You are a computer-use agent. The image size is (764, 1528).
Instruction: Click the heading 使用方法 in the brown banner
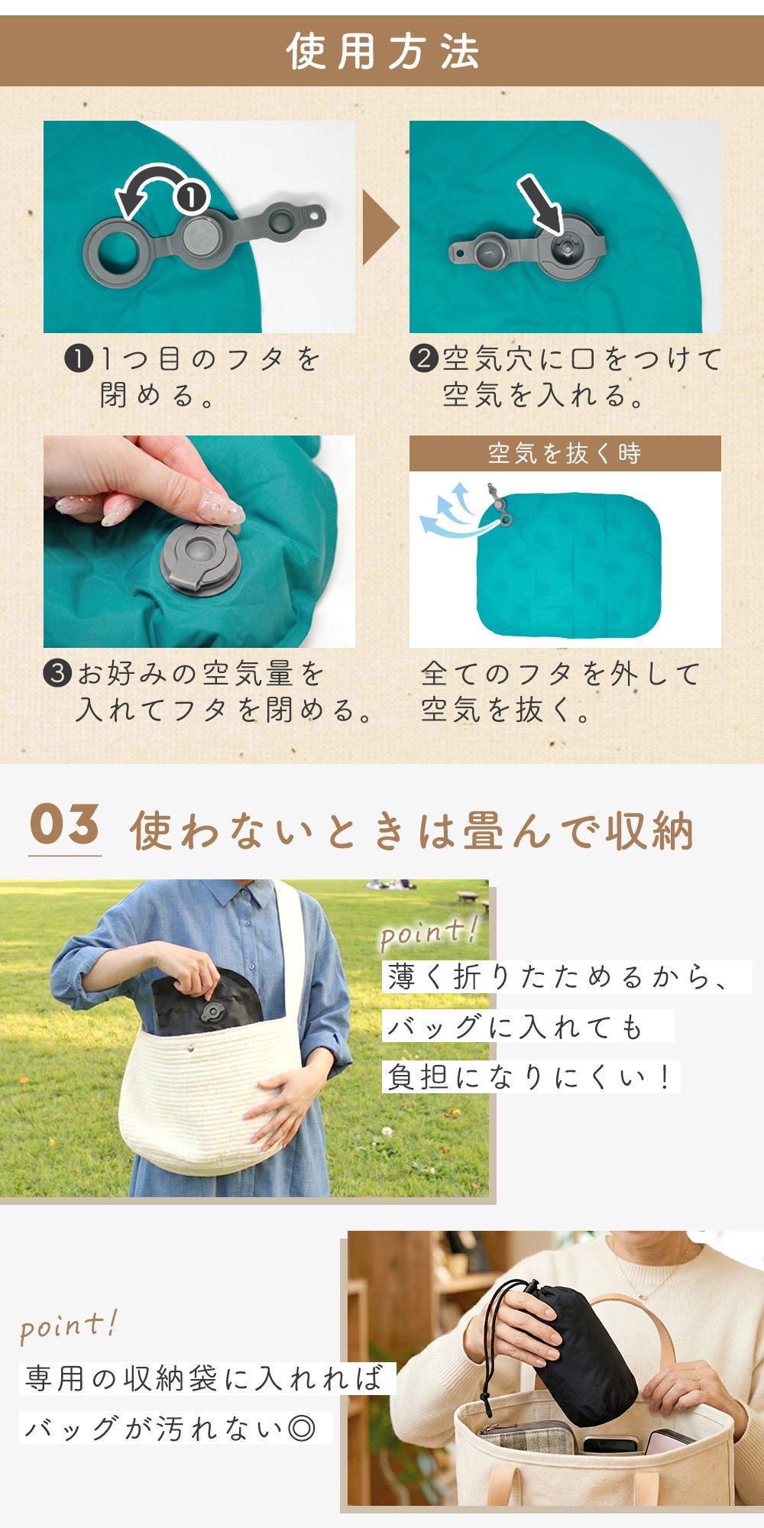[x=383, y=52]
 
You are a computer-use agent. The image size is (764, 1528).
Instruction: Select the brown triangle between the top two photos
[x=380, y=228]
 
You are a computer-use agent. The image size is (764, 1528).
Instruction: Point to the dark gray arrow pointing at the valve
[x=540, y=202]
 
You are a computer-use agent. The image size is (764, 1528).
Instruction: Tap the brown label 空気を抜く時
[x=565, y=453]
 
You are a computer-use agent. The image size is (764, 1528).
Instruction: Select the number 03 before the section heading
[x=65, y=824]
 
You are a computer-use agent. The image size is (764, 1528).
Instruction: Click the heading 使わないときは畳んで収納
[x=412, y=830]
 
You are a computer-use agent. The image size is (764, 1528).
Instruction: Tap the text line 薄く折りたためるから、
[x=558, y=976]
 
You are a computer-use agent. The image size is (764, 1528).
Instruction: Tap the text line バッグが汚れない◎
[x=170, y=1427]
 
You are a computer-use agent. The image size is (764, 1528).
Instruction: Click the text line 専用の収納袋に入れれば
[x=204, y=1377]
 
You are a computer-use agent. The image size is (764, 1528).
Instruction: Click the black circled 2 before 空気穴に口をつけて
[x=424, y=358]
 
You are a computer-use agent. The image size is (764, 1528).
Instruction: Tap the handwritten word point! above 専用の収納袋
[x=69, y=1327]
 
